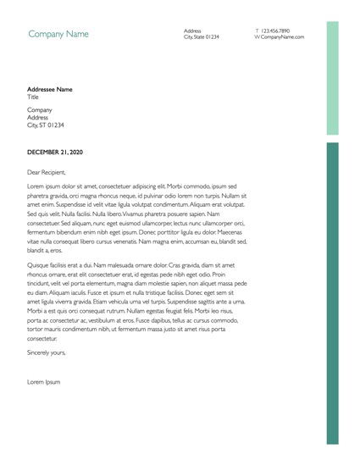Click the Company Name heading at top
58,35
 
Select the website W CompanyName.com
279,37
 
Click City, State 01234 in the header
201,37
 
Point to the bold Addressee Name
50,89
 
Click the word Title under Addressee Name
34,97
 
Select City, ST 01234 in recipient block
46,125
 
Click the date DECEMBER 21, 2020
55,152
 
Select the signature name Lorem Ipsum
44,382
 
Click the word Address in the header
192,31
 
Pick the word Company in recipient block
40,109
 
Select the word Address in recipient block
39,117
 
